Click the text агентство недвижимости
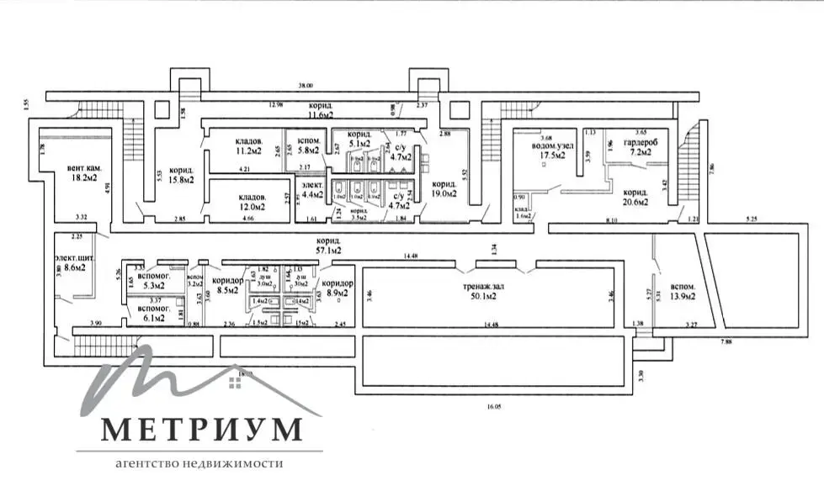pyautogui.click(x=200, y=463)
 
